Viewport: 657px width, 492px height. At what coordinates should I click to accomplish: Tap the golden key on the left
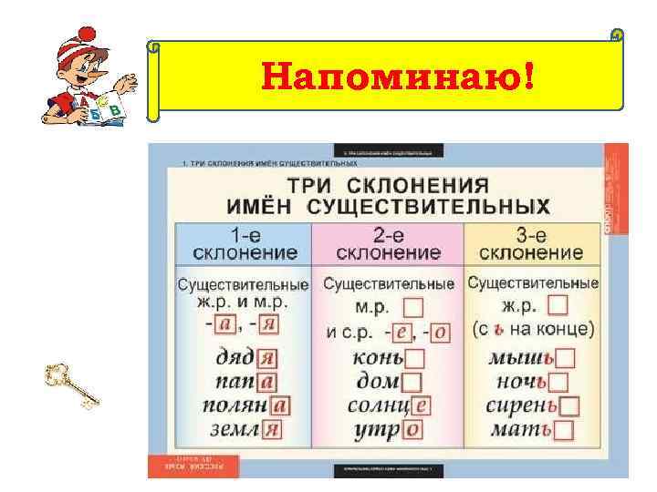coord(71,384)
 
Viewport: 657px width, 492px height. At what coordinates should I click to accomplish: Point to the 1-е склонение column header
coord(242,241)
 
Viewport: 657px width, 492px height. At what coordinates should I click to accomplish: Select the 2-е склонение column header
coord(388,241)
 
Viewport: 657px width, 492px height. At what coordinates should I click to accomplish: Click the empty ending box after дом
coord(412,383)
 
